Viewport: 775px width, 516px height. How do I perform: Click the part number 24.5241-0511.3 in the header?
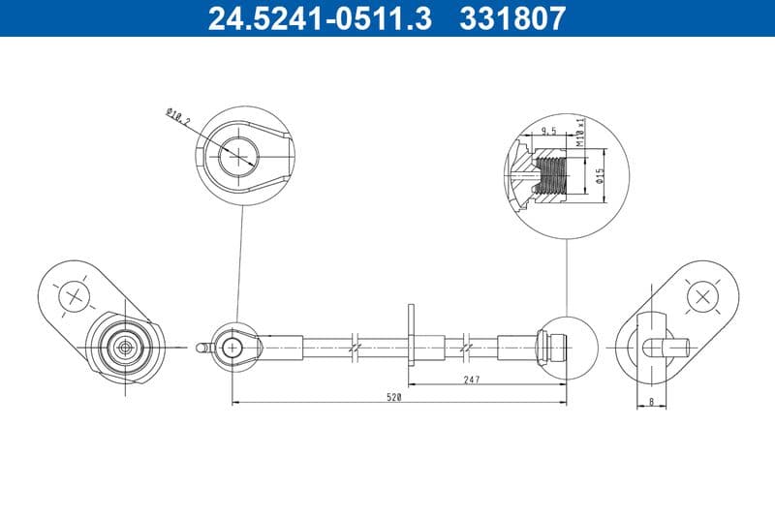pos(321,18)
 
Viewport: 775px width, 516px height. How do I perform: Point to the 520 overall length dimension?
pos(395,397)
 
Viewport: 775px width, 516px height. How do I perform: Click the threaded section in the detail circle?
pos(553,177)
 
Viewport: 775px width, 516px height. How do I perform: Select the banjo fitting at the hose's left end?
pos(234,346)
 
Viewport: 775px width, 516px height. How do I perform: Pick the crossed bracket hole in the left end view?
pos(74,294)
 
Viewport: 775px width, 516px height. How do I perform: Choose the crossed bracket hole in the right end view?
pos(701,294)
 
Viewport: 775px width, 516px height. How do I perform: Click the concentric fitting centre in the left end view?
pos(124,346)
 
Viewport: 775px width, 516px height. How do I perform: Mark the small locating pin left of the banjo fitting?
pos(201,345)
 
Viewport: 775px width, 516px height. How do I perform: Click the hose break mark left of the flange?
pos(356,346)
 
